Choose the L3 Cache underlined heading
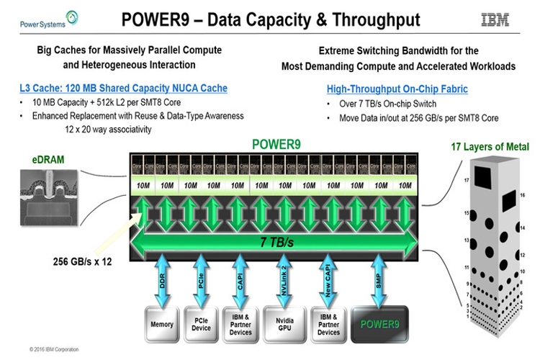tap(124, 89)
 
